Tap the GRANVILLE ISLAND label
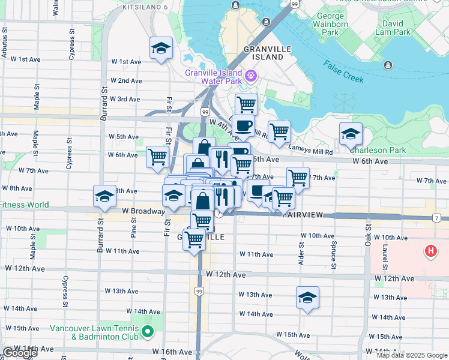(x=263, y=53)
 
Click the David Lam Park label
(x=393, y=27)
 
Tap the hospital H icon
(x=430, y=251)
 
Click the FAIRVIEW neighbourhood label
(x=304, y=214)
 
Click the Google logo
(x=20, y=353)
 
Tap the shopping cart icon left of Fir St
(x=157, y=157)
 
